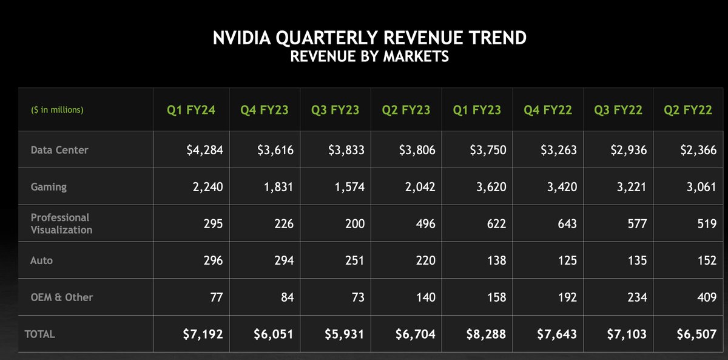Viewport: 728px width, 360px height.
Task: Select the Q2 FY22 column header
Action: [688, 110]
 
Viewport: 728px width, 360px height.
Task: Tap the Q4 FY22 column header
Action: [547, 110]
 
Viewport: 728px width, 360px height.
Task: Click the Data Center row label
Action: [59, 150]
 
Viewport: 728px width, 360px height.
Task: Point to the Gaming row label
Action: [49, 187]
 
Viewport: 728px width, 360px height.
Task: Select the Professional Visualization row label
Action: [61, 223]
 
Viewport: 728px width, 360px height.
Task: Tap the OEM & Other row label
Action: [61, 297]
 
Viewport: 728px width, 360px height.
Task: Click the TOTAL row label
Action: [39, 334]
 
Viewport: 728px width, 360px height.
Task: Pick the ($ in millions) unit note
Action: [57, 110]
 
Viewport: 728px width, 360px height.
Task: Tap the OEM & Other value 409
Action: [706, 297]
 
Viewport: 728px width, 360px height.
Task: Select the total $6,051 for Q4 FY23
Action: [273, 334]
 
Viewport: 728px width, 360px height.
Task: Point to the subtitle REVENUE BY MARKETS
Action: [369, 57]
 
